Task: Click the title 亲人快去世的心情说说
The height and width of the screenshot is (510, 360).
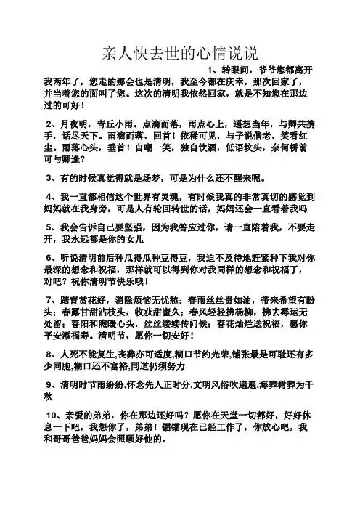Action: point(179,54)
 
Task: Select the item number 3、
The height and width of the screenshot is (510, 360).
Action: point(52,178)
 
